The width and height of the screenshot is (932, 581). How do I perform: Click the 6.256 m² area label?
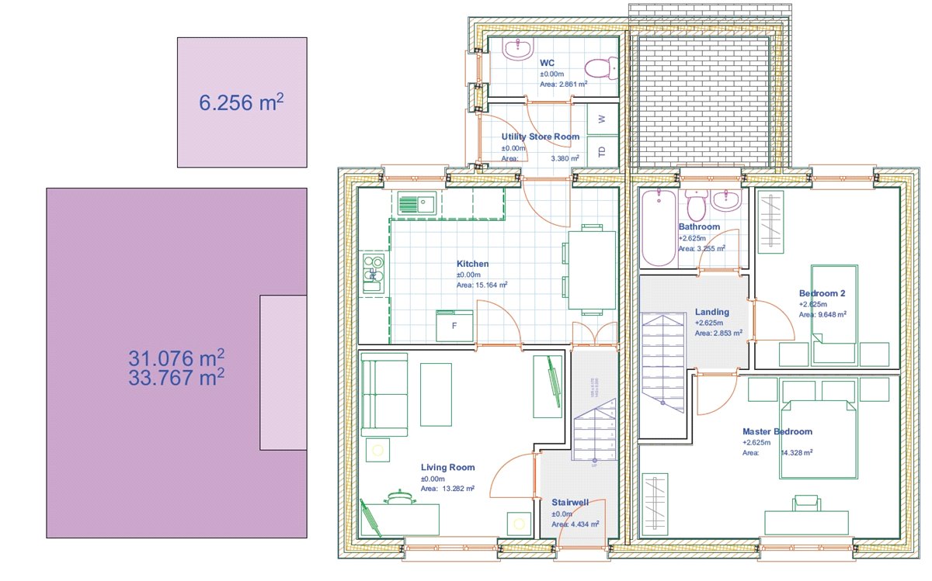click(242, 102)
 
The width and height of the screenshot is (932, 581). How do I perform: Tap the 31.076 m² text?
click(176, 358)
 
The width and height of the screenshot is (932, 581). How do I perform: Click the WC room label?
click(547, 63)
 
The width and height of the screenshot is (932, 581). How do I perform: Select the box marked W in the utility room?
click(602, 119)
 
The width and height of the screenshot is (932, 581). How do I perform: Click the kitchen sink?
click(416, 205)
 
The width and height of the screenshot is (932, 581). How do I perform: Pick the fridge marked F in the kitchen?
click(455, 326)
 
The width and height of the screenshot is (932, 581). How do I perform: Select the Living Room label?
click(447, 468)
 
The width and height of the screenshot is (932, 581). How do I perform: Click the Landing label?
click(712, 313)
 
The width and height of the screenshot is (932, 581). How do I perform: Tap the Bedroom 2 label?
click(822, 294)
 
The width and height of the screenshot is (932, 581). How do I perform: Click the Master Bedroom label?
click(777, 432)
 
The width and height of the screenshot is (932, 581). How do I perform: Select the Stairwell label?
click(570, 503)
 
